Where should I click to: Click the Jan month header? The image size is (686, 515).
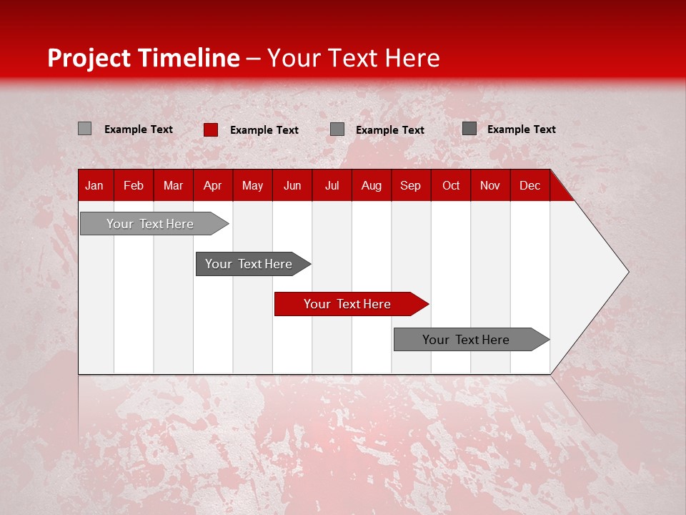pos(94,185)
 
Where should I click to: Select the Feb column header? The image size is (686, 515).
pos(134,185)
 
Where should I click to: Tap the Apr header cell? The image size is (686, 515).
pos(212,185)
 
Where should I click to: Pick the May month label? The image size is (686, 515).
pos(252,185)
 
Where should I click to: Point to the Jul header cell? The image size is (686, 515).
pos(332,185)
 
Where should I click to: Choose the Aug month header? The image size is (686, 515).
pos(371,185)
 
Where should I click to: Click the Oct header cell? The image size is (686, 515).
pos(451,185)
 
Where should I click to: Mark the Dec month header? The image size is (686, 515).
pos(530,185)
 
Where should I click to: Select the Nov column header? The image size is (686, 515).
pos(490,185)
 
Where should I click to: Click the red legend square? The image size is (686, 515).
pos(210,129)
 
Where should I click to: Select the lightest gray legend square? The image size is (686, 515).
pos(84,129)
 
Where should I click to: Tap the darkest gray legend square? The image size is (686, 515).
pos(469,129)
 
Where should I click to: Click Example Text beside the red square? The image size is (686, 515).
pos(264,130)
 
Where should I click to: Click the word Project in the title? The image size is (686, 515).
pos(89,58)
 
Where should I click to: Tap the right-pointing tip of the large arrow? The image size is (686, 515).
pos(626,272)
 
